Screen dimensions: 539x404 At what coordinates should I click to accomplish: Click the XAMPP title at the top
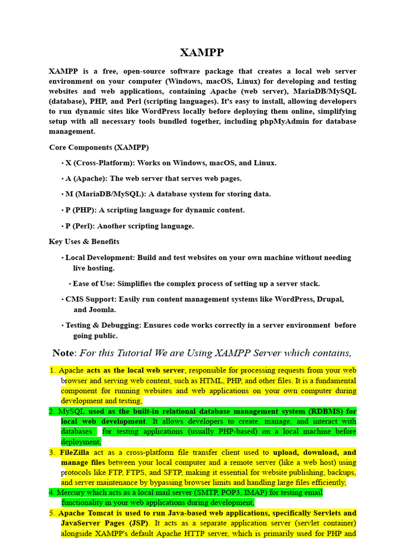(x=202, y=52)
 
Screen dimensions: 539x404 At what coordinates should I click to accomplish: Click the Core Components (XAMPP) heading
(x=99, y=147)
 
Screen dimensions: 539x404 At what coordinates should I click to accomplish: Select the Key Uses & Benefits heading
(x=84, y=242)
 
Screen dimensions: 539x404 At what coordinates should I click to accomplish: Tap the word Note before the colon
(x=63, y=353)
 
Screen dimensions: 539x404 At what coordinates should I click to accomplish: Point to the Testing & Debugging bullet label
(x=103, y=325)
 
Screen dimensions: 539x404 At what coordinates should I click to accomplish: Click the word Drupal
(x=330, y=299)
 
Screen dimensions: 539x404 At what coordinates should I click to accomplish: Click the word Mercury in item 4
(x=71, y=493)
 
